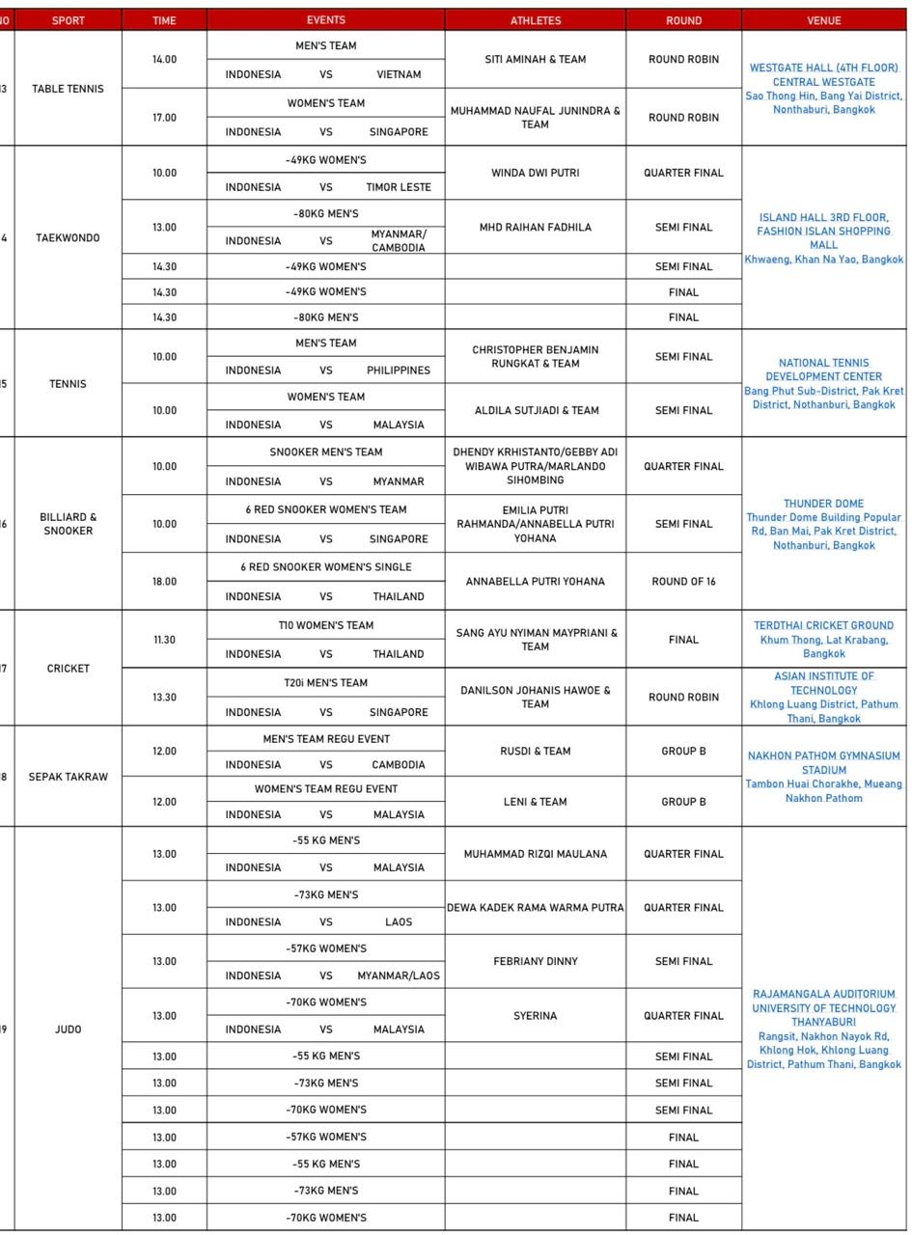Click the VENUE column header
[823, 20]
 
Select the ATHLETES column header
[535, 20]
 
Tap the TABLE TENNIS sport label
[68, 89]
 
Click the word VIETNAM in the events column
[399, 74]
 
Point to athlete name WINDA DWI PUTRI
[535, 174]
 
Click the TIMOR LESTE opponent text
[399, 187]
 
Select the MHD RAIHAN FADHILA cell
[535, 228]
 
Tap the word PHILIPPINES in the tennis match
[399, 370]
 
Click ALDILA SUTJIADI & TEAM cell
[535, 411]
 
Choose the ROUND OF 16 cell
[683, 582]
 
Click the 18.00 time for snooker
[164, 582]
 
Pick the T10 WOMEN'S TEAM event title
[325, 625]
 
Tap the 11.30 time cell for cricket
[164, 640]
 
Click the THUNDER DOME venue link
[823, 504]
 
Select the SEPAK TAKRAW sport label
[68, 777]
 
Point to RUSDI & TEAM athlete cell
[535, 752]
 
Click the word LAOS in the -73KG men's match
[399, 922]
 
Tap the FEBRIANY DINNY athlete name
[535, 962]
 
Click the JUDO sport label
[68, 1029]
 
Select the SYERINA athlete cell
[535, 1016]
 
